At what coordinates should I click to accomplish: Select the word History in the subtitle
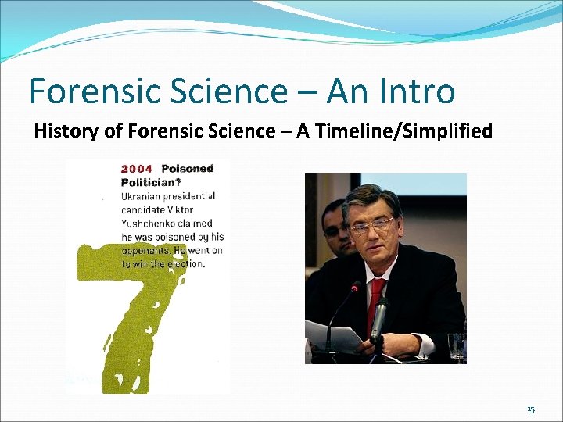pos(67,131)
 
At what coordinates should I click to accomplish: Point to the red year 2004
pos(137,169)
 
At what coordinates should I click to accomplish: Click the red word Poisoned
pos(187,169)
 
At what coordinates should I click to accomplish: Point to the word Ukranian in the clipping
pos(145,196)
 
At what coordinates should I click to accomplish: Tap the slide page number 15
pos(531,409)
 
